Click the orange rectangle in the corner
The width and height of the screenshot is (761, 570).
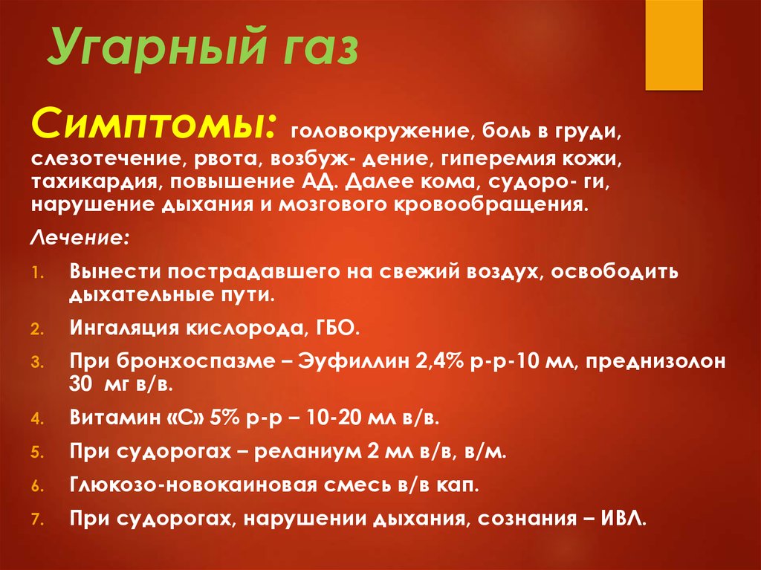click(x=673, y=45)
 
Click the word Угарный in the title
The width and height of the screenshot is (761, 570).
click(x=158, y=48)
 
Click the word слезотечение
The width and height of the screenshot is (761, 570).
click(x=109, y=159)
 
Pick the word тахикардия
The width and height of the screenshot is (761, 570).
click(x=95, y=182)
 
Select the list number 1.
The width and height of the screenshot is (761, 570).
click(x=38, y=273)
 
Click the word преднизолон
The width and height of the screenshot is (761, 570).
click(x=655, y=362)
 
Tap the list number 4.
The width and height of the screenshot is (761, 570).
click(x=38, y=419)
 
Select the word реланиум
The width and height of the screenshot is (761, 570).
click(x=308, y=453)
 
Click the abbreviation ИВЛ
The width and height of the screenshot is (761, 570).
click(x=624, y=519)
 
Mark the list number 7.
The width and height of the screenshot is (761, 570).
click(x=38, y=520)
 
